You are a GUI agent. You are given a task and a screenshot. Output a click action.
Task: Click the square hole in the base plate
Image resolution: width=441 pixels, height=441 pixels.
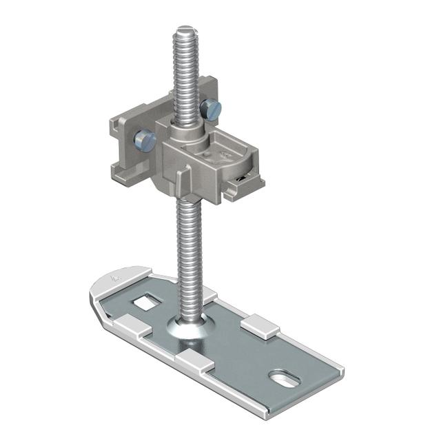145,300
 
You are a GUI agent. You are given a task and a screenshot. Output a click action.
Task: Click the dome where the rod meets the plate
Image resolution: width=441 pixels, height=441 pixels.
188,327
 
